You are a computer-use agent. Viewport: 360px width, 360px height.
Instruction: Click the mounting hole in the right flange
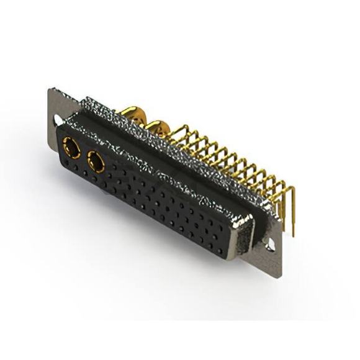(270, 244)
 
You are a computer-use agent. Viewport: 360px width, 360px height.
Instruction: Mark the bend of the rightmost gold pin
(287, 185)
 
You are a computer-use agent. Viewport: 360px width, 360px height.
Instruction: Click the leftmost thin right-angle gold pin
(180, 130)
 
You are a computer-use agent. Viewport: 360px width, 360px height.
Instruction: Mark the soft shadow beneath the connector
(186, 279)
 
